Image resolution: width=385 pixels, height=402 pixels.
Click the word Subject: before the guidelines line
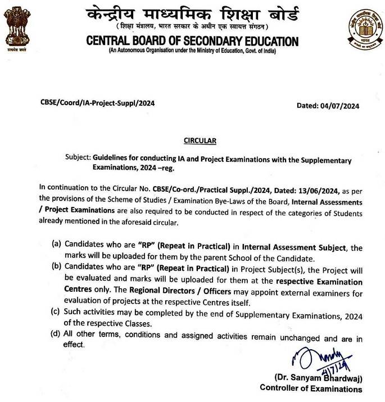pyautogui.click(x=78, y=161)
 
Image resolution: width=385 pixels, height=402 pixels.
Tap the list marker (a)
pyautogui.click(x=57, y=245)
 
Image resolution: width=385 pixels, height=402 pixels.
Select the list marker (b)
pyautogui.click(x=57, y=267)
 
